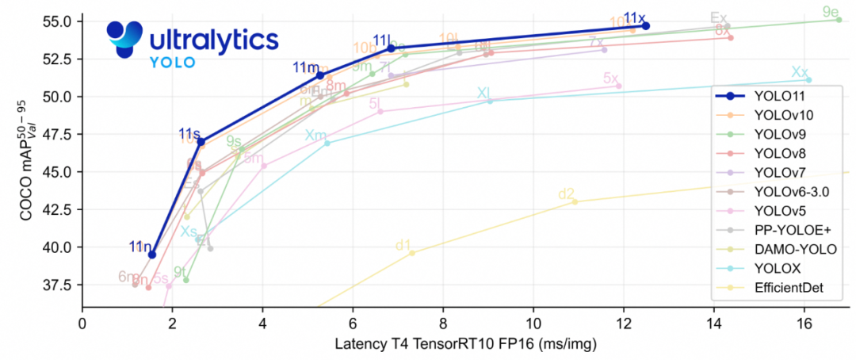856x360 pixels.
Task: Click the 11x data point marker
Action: coord(646,26)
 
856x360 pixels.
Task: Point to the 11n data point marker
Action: coord(152,255)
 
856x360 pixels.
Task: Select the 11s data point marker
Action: coord(201,141)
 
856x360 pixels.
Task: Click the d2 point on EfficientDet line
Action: coord(575,201)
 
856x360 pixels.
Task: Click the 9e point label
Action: coord(831,12)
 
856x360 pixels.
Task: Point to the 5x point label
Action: coord(610,79)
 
